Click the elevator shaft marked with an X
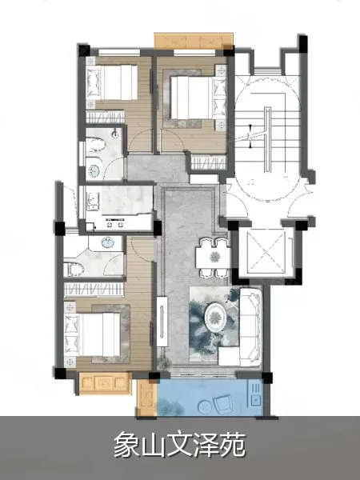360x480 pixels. pos(266,252)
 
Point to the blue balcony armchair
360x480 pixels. pos(224,404)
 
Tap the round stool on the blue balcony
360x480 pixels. pos(205,407)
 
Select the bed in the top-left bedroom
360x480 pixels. pos(112,82)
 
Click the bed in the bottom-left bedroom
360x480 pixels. pos(93,334)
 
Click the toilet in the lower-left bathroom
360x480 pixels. pos(74,270)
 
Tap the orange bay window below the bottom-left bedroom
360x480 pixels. pos(105,382)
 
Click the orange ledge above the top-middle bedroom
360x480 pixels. pos(193,41)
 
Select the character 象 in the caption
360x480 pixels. pos(127,444)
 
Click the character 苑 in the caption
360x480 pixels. pos(233,444)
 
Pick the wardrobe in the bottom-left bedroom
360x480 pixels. pos(94,290)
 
